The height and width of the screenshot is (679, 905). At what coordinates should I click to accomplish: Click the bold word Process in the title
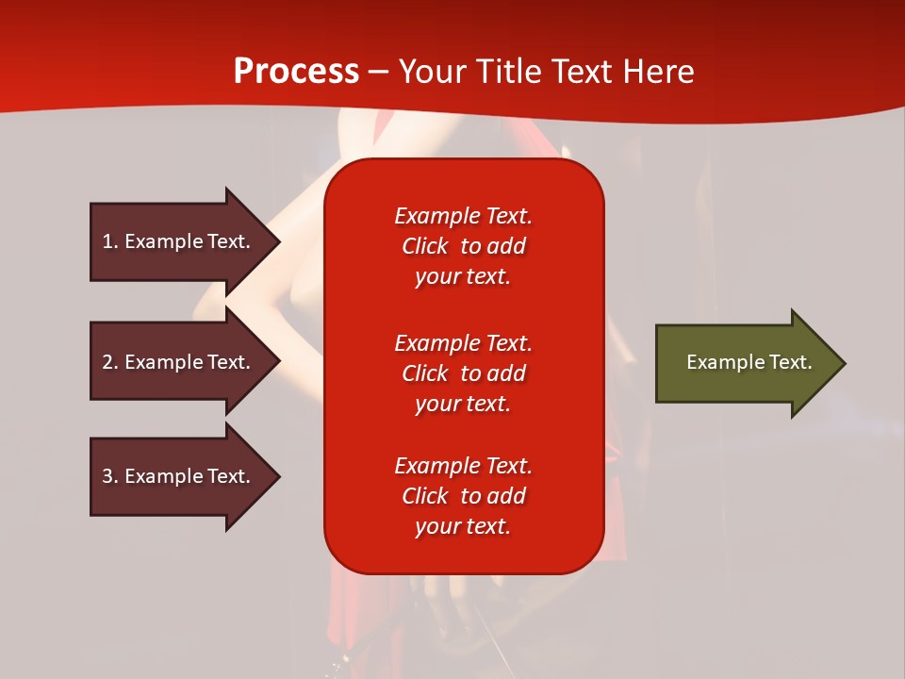tap(296, 72)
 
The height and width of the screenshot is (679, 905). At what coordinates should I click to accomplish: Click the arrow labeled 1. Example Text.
tap(185, 242)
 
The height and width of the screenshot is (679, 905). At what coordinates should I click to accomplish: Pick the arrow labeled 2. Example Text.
tap(185, 361)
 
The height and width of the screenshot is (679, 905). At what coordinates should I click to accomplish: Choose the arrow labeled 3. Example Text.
tap(185, 477)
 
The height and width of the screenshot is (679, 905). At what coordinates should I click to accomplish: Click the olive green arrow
tap(750, 363)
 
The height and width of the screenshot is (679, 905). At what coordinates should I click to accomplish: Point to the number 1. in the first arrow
tap(110, 241)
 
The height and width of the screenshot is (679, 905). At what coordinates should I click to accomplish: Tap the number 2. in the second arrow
tap(110, 362)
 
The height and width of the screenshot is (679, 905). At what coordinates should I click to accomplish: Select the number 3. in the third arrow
tap(110, 476)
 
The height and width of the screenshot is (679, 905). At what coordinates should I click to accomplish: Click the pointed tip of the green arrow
tap(847, 363)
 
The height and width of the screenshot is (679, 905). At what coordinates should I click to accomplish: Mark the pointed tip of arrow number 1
tap(281, 242)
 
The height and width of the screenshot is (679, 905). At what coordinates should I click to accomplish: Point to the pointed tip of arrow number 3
tap(281, 477)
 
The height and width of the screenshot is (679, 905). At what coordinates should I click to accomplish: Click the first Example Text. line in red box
tap(463, 216)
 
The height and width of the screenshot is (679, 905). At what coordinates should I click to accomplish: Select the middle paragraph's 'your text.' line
tap(463, 405)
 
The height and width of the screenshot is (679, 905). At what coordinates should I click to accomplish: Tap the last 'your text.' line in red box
tap(463, 526)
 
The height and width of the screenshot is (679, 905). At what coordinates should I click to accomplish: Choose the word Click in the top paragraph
tap(425, 246)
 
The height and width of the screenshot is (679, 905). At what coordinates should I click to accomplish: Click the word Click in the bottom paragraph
tap(425, 496)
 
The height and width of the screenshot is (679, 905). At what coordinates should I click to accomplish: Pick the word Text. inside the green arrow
tap(791, 362)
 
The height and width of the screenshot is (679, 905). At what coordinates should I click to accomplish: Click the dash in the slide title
tap(379, 73)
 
